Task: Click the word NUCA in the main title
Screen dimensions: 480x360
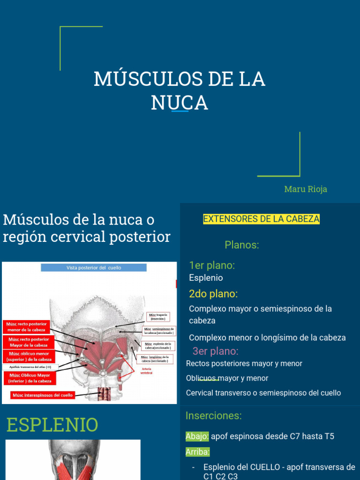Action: [180, 103]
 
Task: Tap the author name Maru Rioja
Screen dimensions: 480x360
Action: [306, 189]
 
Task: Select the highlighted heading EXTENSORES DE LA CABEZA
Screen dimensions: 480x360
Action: [261, 219]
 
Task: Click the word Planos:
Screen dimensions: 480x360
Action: [242, 245]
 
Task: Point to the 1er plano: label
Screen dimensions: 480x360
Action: [212, 265]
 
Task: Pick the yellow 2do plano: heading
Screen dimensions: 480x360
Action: [213, 294]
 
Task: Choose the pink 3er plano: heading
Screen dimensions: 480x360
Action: [216, 351]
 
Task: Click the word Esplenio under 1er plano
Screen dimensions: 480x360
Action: [206, 278]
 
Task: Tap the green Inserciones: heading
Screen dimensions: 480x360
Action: [214, 415]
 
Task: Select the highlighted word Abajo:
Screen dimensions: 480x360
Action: [197, 436]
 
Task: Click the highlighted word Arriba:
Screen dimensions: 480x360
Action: [197, 452]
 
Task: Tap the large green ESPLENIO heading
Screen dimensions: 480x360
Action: [52, 425]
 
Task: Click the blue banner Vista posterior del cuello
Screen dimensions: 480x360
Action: [94, 268]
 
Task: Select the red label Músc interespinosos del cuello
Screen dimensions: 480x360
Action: [43, 395]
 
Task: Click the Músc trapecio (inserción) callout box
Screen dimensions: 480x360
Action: [158, 316]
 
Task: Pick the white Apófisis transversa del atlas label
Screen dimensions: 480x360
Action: [30, 367]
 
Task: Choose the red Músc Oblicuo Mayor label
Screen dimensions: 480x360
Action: [30, 378]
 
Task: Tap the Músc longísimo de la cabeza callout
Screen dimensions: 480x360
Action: [155, 359]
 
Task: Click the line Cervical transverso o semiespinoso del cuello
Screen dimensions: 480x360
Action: [263, 393]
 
